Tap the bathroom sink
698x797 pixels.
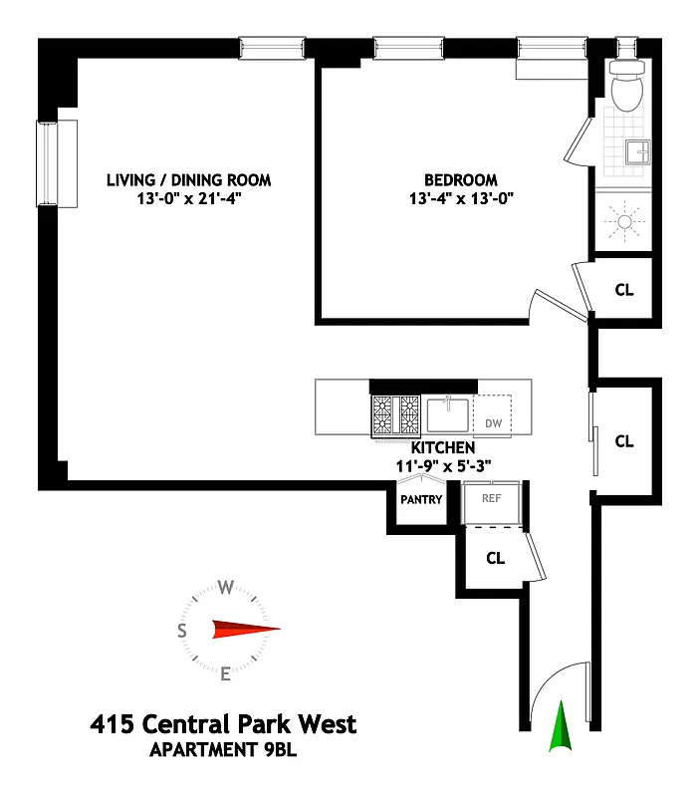635,152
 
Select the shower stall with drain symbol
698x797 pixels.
624,221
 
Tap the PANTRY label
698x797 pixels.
420,500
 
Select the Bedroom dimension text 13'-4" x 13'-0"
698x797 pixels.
461,197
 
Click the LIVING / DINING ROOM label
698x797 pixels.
189,180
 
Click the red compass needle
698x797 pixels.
245,629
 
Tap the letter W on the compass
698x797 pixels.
226,587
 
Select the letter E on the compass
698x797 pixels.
226,674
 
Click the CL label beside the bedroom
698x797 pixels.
624,290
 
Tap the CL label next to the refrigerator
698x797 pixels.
495,558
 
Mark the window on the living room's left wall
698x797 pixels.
58,163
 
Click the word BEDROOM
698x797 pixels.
461,179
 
